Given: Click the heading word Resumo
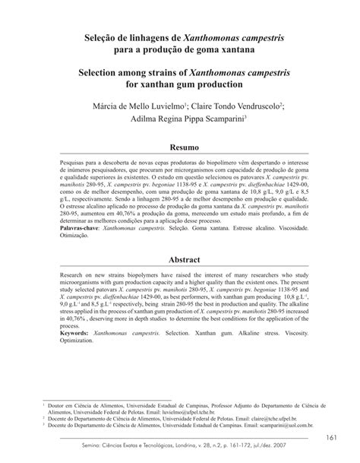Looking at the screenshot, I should (179, 145).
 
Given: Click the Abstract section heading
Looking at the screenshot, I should (180, 260).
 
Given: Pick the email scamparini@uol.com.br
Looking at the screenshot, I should (296, 430).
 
